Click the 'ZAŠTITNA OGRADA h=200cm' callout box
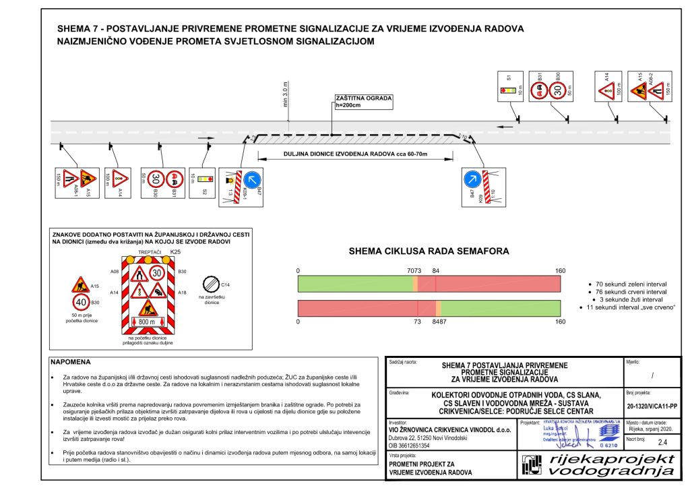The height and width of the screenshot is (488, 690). [363, 102]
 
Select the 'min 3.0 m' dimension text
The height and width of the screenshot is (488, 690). [286, 98]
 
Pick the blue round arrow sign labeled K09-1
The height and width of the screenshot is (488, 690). [253, 180]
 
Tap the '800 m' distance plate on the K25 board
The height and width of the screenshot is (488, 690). [147, 323]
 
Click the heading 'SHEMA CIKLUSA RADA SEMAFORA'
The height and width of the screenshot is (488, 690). [429, 251]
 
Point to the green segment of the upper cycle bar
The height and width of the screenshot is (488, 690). [355, 284]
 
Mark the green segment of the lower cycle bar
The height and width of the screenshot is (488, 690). [501, 309]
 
